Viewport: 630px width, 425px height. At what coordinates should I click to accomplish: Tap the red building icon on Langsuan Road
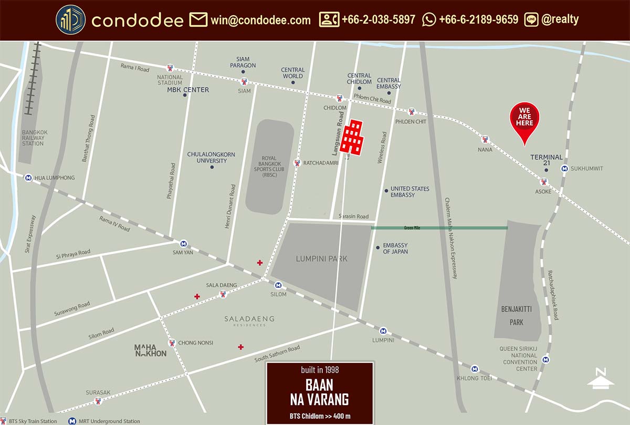click(x=352, y=137)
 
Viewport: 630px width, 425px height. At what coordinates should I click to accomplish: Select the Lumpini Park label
click(x=321, y=258)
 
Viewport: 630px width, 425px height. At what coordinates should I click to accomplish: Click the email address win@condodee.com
click(x=260, y=20)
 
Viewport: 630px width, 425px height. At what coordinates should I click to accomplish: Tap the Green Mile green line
click(x=439, y=228)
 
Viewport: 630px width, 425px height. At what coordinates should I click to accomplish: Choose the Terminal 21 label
click(x=546, y=160)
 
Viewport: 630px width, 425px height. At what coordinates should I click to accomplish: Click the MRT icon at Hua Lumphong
click(x=27, y=178)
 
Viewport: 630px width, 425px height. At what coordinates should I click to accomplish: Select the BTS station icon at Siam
click(x=244, y=81)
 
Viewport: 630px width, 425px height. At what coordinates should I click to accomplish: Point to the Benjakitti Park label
click(x=517, y=316)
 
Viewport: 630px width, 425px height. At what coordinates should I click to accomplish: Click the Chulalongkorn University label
click(x=211, y=157)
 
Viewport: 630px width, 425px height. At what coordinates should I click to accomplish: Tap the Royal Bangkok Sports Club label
click(x=269, y=166)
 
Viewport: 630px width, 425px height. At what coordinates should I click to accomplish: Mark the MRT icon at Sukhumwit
click(x=564, y=169)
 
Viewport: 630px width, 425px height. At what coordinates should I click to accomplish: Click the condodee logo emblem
click(x=70, y=20)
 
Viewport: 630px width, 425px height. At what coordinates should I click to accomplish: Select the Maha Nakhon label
click(x=150, y=350)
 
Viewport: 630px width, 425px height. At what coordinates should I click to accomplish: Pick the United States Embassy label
click(x=409, y=192)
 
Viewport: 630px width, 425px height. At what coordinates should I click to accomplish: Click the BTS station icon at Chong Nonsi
click(x=172, y=343)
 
